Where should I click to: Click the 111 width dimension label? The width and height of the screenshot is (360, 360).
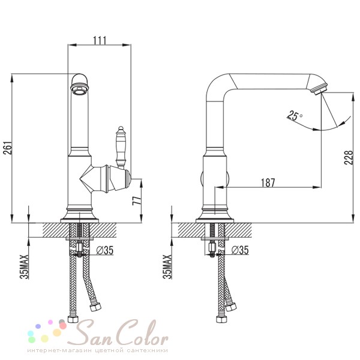coord(100,40)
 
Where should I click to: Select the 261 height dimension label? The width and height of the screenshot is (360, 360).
coord(8,149)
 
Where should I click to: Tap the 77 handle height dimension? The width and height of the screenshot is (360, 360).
coord(136,201)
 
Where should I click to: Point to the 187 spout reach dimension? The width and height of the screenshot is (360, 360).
coord(268,182)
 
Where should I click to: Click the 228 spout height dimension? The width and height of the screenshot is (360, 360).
coord(348,157)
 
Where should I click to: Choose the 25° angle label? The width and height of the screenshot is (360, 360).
coord(295,115)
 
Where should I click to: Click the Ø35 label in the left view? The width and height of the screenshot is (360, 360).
coord(105,250)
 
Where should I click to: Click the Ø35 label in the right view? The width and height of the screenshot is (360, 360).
coord(240,250)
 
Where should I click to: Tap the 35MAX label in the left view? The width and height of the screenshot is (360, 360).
coord(25,267)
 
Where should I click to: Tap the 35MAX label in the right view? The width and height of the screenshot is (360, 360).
coord(167,267)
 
